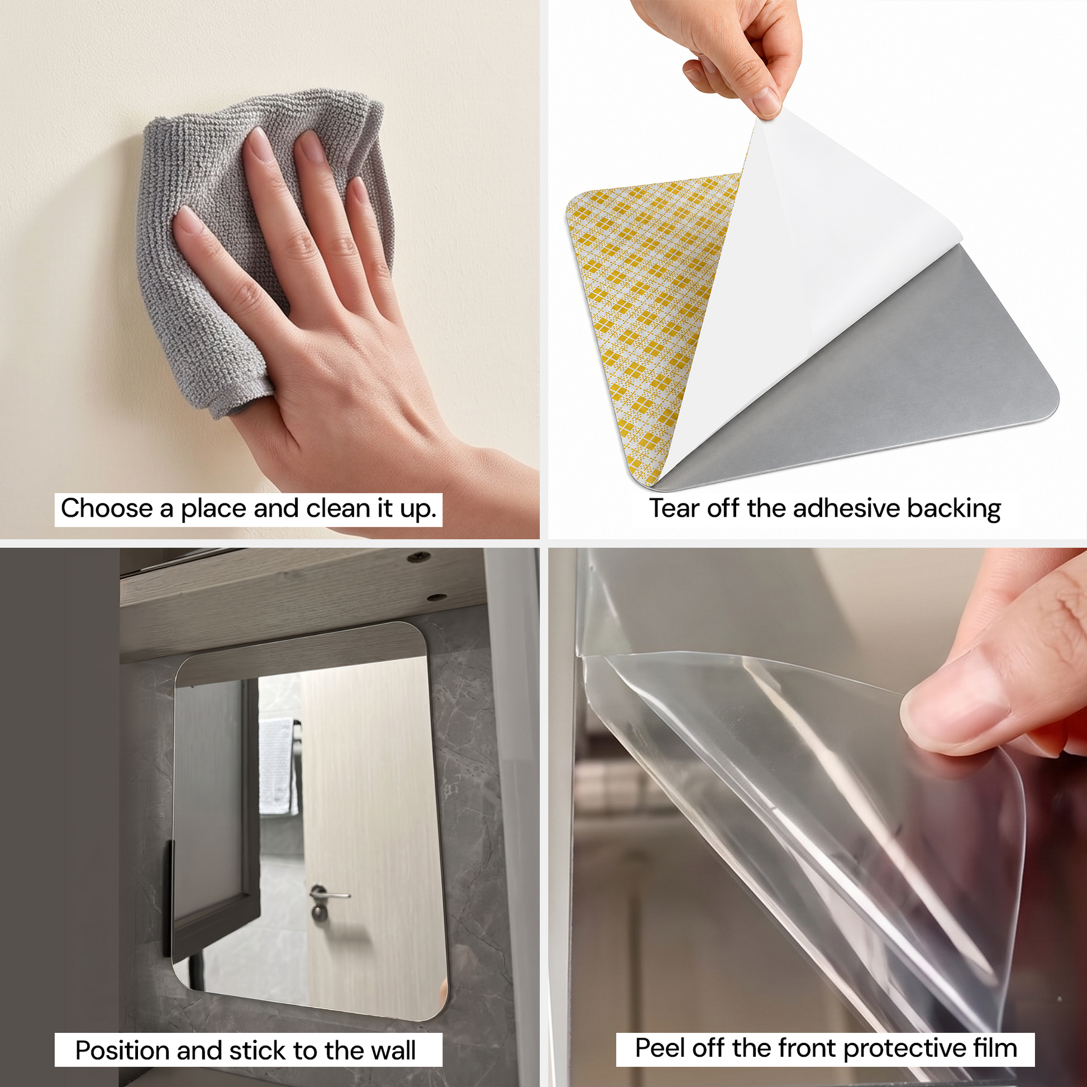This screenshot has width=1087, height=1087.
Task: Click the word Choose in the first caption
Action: (106, 508)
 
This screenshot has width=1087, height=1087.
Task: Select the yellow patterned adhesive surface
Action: (647, 315)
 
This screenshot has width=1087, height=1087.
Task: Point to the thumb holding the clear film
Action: (956, 703)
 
